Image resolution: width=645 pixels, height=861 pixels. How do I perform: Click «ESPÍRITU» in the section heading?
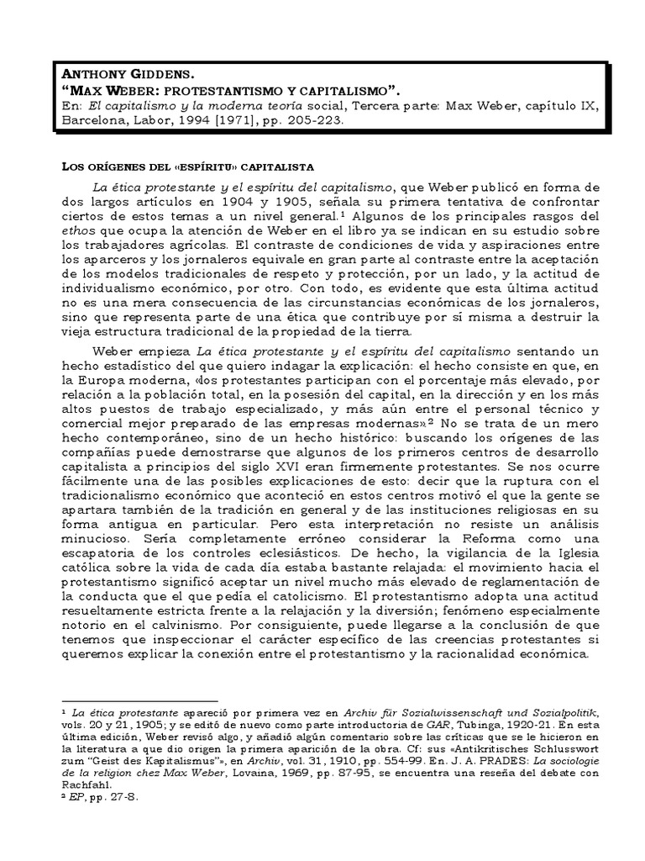click(187, 168)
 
